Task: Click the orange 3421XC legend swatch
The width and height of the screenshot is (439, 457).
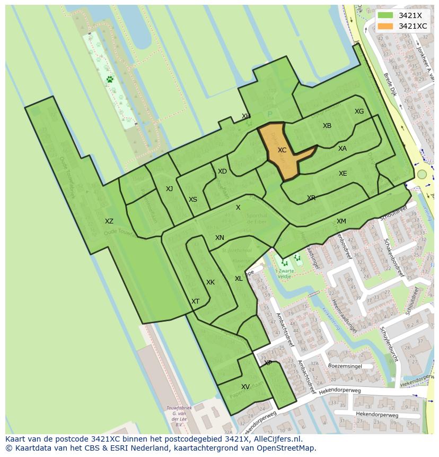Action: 385,26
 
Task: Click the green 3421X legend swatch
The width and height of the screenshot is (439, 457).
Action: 385,15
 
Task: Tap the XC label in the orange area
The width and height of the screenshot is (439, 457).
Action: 282,150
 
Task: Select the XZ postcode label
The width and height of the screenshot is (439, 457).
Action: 109,221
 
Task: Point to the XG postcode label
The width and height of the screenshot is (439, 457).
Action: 359,111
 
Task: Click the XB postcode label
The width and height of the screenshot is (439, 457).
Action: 327,126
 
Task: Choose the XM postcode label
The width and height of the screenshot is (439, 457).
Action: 341,221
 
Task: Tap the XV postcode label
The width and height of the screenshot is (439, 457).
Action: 245,387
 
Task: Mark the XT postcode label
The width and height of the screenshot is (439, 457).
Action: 196,301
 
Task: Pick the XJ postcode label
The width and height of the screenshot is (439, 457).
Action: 169,189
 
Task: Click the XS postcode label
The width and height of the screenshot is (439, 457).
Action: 193,200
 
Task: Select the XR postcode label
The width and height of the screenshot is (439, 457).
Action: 311,198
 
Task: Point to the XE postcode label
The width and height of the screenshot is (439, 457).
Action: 343,174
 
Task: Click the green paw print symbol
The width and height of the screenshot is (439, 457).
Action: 110,80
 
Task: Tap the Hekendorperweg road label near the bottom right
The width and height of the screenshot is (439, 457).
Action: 377,415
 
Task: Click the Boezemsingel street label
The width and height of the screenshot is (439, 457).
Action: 345,366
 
